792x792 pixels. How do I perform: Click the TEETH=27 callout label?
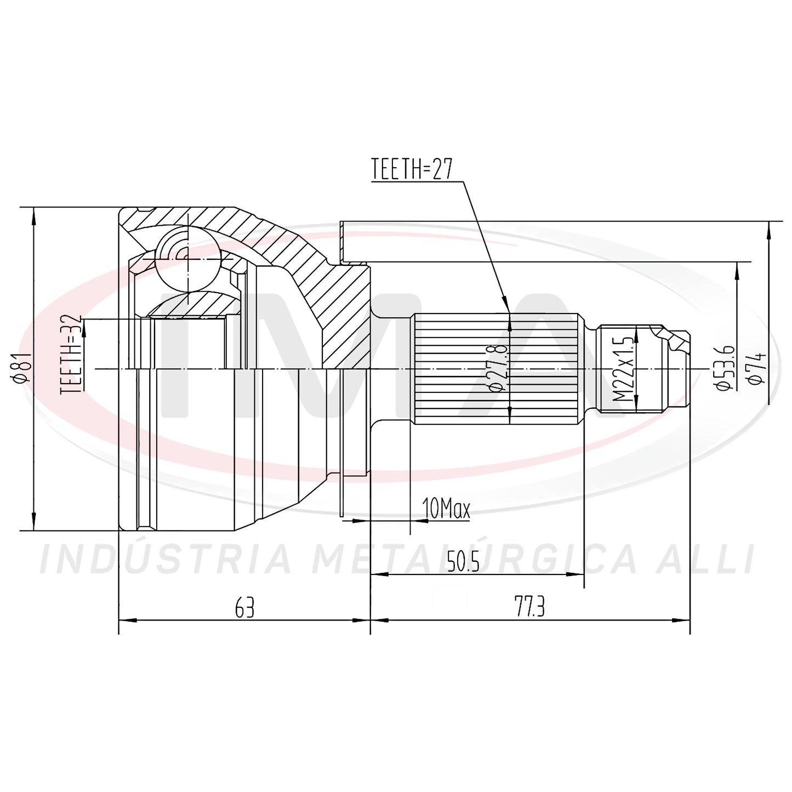(x=412, y=169)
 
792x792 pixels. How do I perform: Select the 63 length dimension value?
(x=244, y=608)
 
